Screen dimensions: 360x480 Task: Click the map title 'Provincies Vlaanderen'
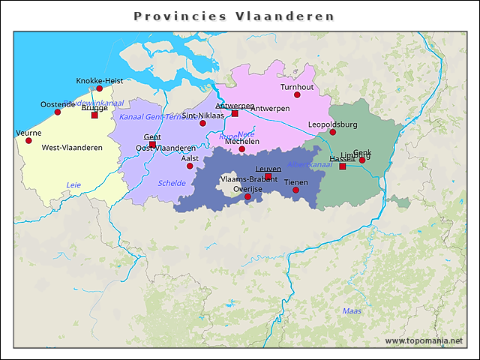coord(233,16)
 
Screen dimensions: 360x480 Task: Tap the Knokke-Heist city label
coord(99,80)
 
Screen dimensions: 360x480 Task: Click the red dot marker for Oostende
coord(58,112)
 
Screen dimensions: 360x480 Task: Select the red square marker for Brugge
coord(94,115)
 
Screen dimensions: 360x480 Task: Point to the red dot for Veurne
coord(28,140)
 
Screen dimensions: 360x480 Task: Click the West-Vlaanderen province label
coord(72,148)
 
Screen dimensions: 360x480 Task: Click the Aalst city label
coord(190,158)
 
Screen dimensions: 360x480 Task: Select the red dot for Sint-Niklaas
coord(202,123)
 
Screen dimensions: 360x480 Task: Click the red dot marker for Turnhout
coord(297,95)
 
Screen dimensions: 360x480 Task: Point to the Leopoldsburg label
coord(332,124)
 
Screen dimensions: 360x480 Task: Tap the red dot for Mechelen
coord(241,149)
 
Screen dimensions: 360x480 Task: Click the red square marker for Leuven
coord(268,177)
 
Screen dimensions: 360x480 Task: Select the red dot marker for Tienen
coord(295,190)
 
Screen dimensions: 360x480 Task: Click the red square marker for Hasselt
coord(343,166)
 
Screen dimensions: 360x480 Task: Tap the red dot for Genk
coord(362,160)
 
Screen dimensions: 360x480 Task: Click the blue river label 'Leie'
coord(73,184)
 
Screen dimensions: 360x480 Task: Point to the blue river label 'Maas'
coord(351,310)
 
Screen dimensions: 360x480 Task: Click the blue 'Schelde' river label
coord(172,183)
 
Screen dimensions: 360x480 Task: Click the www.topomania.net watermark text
coord(424,340)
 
